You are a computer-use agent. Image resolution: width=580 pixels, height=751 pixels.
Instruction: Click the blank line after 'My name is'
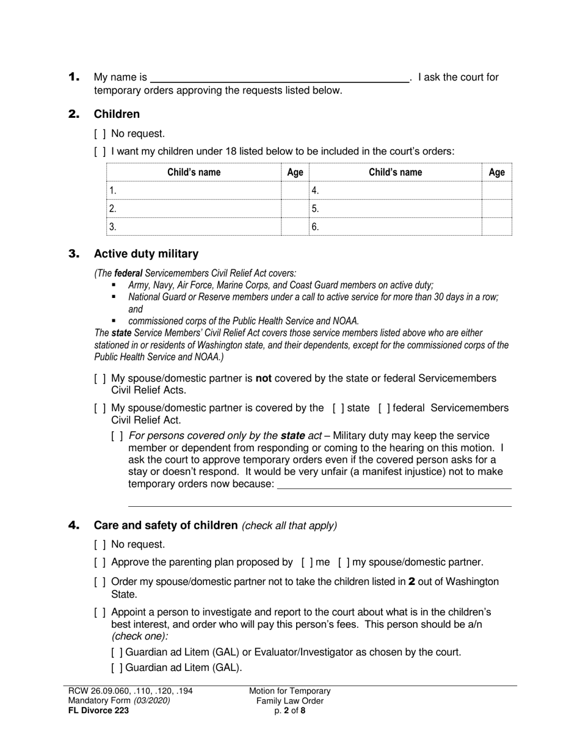pyautogui.click(x=280, y=78)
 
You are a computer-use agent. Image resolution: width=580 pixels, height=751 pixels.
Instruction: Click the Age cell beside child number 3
pyautogui.click(x=295, y=227)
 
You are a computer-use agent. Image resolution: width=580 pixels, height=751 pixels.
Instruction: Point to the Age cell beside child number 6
pyautogui.click(x=496, y=227)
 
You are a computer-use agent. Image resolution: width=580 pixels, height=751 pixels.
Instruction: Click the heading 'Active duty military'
pyautogui.click(x=146, y=253)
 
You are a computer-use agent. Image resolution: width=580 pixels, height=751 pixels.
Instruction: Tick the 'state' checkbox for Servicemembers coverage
pyautogui.click(x=338, y=408)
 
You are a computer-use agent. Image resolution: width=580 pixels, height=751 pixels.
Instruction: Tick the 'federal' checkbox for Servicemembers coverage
pyautogui.click(x=385, y=408)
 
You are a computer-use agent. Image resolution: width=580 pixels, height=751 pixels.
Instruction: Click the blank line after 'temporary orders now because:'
pyautogui.click(x=394, y=484)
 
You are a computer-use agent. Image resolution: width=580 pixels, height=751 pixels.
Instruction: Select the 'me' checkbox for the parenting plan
pyautogui.click(x=307, y=562)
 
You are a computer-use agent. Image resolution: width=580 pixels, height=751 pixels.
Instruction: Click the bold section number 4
pyautogui.click(x=74, y=525)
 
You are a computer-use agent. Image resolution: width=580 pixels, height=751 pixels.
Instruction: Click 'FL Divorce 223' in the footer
pyautogui.click(x=98, y=710)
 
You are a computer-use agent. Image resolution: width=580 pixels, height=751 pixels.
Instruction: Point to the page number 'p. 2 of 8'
pyautogui.click(x=290, y=710)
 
